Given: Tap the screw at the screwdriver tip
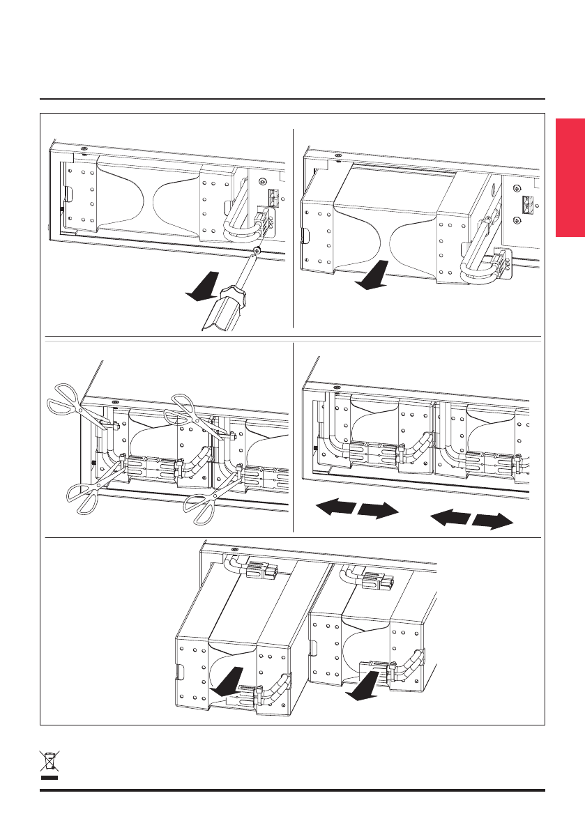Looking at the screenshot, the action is pyautogui.click(x=257, y=250).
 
